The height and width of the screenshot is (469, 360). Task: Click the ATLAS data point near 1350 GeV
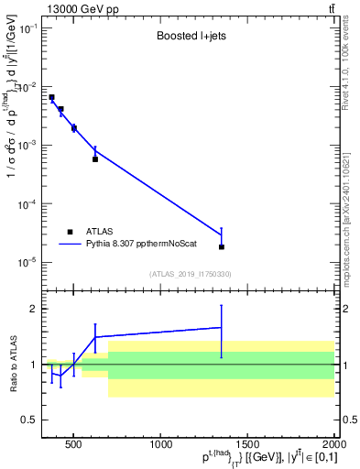tap(222, 246)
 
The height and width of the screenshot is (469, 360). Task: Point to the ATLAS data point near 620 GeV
tap(95, 159)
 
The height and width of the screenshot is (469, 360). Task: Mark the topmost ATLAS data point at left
tap(52, 97)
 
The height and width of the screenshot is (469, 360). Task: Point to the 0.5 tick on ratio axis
tap(30, 420)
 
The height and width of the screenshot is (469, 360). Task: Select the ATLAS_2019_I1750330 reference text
tap(189, 274)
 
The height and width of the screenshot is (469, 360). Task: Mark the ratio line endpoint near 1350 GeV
tap(222, 327)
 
